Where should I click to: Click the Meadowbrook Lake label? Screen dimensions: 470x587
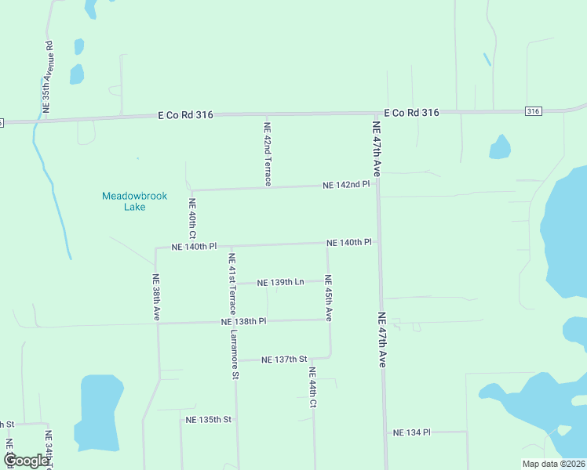click(134, 201)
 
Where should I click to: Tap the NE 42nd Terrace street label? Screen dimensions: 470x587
click(268, 154)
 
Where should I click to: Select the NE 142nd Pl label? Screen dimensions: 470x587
click(346, 185)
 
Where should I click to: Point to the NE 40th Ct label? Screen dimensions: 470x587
click(192, 219)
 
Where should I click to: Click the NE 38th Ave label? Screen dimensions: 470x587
click(157, 297)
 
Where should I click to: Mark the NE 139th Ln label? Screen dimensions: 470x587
click(282, 281)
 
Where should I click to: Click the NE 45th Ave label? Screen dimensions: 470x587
click(329, 298)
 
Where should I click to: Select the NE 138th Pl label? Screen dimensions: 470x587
click(244, 321)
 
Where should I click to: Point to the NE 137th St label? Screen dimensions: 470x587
click(284, 360)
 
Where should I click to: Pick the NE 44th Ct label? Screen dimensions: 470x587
click(312, 388)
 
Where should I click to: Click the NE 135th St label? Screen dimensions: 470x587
click(208, 420)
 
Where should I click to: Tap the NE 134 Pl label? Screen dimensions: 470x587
click(412, 432)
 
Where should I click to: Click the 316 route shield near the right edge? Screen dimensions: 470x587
click(534, 111)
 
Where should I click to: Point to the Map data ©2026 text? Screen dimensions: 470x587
click(553, 464)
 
